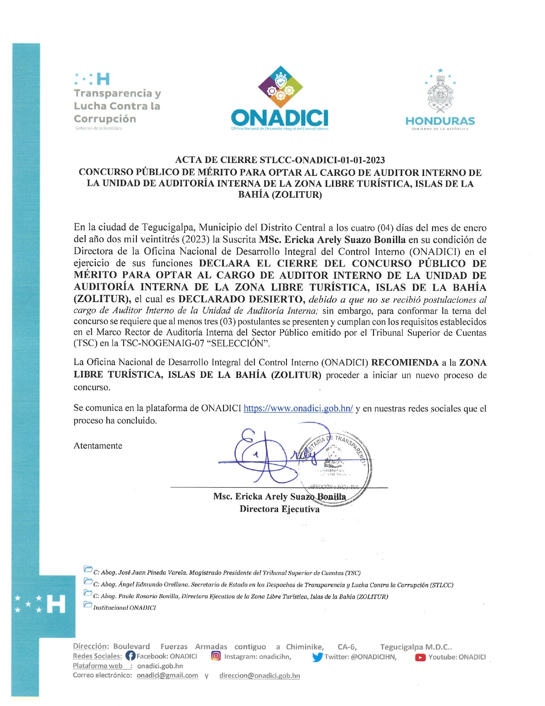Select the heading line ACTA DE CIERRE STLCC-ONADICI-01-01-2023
(280, 160)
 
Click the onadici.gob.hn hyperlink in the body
(298, 408)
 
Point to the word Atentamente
(98, 445)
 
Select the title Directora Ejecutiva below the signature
(280, 509)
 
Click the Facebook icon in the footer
(130, 656)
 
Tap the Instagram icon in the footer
(216, 656)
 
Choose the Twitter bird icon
(317, 657)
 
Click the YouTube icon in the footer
(420, 657)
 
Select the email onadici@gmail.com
(167, 675)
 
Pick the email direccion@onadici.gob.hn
(259, 676)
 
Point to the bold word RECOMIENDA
(405, 363)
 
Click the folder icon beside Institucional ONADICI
(88, 605)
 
